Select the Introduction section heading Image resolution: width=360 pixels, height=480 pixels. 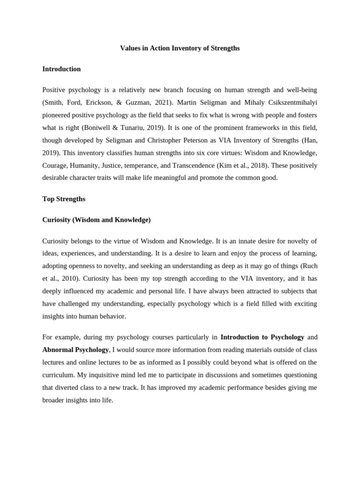[x=61, y=69]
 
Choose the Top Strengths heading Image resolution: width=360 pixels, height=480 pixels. [x=64, y=199]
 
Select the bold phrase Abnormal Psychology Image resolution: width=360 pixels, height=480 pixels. [x=75, y=350]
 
